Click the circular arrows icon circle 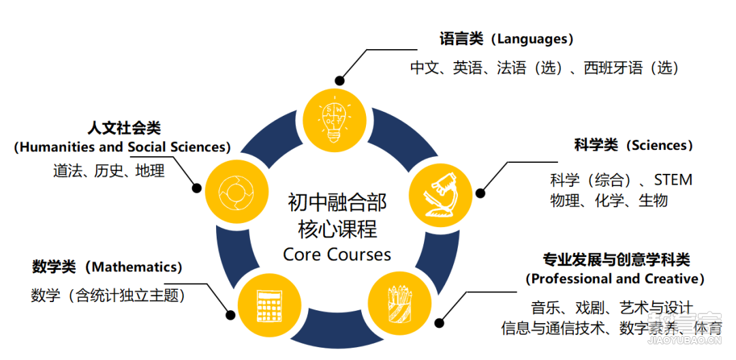(x=235, y=192)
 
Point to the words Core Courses (x=337, y=254)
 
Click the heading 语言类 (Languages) (x=506, y=39)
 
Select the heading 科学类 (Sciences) (x=634, y=145)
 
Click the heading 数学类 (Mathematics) (x=107, y=267)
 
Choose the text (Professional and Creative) (x=615, y=279)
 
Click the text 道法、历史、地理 (x=109, y=171)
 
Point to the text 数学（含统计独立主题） (x=108, y=296)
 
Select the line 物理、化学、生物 (x=609, y=201)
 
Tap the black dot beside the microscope (x=480, y=193)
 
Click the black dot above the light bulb (x=339, y=80)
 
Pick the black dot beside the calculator (x=230, y=315)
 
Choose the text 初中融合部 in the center (x=337, y=204)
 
